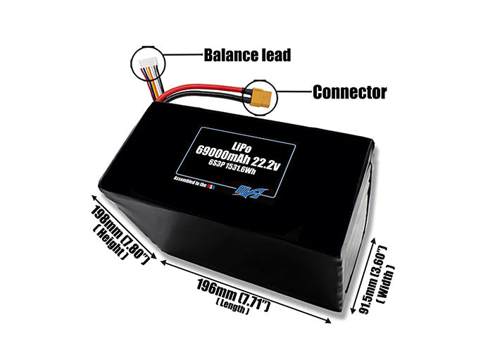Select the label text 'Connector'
(349, 92)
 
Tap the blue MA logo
(244, 189)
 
